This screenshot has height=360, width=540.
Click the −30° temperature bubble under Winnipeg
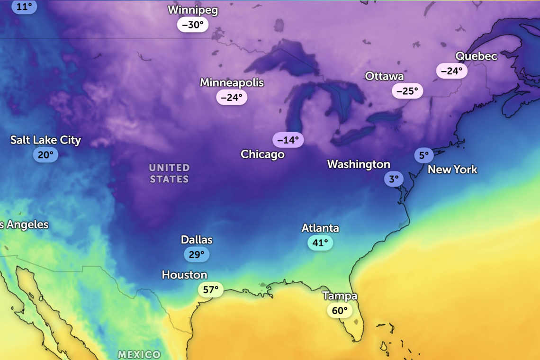pyautogui.click(x=193, y=25)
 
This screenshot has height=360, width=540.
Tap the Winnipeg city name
pyautogui.click(x=193, y=10)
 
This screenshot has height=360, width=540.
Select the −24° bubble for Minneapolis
pyautogui.click(x=232, y=97)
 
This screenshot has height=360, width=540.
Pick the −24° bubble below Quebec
pyautogui.click(x=451, y=71)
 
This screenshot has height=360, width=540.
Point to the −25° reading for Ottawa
pyautogui.click(x=407, y=90)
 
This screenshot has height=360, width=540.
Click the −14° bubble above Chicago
pyautogui.click(x=288, y=140)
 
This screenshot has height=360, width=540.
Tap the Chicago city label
pyautogui.click(x=262, y=154)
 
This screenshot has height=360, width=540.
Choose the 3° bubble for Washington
pyautogui.click(x=394, y=179)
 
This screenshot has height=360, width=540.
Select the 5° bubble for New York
pyautogui.click(x=423, y=155)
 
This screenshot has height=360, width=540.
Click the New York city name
pyautogui.click(x=452, y=170)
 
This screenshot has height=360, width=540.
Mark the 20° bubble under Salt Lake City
pyautogui.click(x=45, y=155)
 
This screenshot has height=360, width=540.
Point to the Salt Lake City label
pyautogui.click(x=45, y=140)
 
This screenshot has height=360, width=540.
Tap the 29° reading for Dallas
pyautogui.click(x=197, y=254)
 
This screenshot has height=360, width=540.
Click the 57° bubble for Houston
pyautogui.click(x=211, y=289)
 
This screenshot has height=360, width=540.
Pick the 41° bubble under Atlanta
pyautogui.click(x=320, y=243)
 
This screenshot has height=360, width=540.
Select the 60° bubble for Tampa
pyautogui.click(x=340, y=311)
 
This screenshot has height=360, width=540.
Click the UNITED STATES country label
pyautogui.click(x=169, y=173)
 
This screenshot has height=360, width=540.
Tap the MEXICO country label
pyautogui.click(x=139, y=354)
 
